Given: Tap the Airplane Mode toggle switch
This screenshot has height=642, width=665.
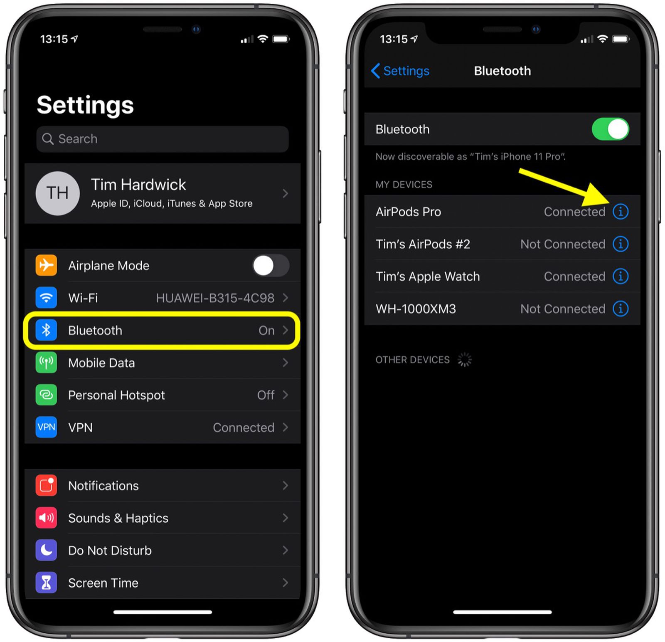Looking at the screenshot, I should pos(271,266).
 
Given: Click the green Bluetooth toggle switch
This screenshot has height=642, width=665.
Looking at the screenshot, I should pos(610,129).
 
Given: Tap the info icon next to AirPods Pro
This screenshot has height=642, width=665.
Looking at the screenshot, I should pos(620,212).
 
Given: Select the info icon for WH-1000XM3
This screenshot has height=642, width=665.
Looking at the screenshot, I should pos(620,309).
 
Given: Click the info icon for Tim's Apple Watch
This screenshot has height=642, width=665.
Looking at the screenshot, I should pos(620,277).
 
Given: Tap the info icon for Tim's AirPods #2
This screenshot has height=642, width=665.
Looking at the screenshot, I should pos(620,244).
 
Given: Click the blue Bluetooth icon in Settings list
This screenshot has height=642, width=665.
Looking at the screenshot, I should pos(46,331).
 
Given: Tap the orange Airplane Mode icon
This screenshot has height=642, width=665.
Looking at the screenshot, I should pos(46,265).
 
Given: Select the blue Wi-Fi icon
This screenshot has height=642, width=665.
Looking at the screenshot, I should pos(46,298).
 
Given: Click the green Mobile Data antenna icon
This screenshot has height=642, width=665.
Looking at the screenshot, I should pos(46,363).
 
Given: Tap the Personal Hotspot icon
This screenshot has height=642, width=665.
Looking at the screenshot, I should pos(46,395).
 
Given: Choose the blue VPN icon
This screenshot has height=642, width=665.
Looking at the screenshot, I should pos(46,427).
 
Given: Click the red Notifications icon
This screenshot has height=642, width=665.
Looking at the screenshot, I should pos(46,485).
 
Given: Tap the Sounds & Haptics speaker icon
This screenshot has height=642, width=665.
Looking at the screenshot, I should pos(46,518).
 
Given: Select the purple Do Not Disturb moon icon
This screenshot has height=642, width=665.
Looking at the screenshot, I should pos(46,550).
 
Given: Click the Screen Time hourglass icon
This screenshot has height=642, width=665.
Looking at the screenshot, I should pos(46,583).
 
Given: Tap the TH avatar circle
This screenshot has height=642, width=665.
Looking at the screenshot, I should pos(58,193).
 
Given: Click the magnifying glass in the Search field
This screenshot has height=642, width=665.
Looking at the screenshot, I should pos(48,139).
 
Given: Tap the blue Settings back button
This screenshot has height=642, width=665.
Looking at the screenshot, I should pos(400,71).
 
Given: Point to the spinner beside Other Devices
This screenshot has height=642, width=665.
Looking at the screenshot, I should pos(464,360).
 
